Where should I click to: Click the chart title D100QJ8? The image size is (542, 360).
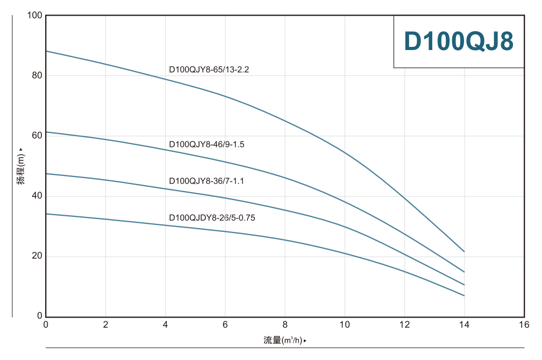pyautogui.click(x=458, y=41)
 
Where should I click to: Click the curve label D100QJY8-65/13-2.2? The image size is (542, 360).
pyautogui.click(x=209, y=69)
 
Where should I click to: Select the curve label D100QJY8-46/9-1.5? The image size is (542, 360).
pyautogui.click(x=206, y=144)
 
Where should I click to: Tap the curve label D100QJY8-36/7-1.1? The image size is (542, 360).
pyautogui.click(x=206, y=181)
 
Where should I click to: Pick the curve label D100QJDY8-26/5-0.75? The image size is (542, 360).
pyautogui.click(x=212, y=218)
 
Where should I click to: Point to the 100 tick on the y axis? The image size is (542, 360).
pyautogui.click(x=34, y=15)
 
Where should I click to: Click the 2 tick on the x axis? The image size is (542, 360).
pyautogui.click(x=105, y=324)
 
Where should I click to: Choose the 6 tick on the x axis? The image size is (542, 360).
pyautogui.click(x=225, y=324)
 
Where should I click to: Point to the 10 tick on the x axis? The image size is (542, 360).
pyautogui.click(x=345, y=324)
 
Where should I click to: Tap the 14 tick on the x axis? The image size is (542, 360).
pyautogui.click(x=464, y=324)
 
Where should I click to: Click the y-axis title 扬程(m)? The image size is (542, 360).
pyautogui.click(x=21, y=169)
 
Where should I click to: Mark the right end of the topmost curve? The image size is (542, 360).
pyautogui.click(x=464, y=251)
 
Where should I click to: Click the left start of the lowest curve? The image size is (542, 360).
pyautogui.click(x=46, y=214)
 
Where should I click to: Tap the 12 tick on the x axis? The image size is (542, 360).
pyautogui.click(x=404, y=324)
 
